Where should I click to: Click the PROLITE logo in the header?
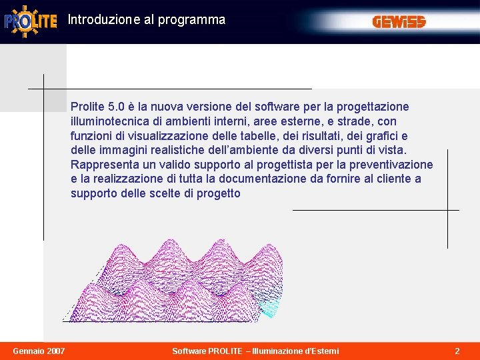[31, 21]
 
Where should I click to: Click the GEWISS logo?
[399, 22]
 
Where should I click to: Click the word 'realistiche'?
[172, 151]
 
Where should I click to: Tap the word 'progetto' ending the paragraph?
[218, 194]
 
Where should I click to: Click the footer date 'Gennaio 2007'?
[38, 351]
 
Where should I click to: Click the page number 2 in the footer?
[457, 351]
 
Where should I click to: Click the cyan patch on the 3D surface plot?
[271, 305]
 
